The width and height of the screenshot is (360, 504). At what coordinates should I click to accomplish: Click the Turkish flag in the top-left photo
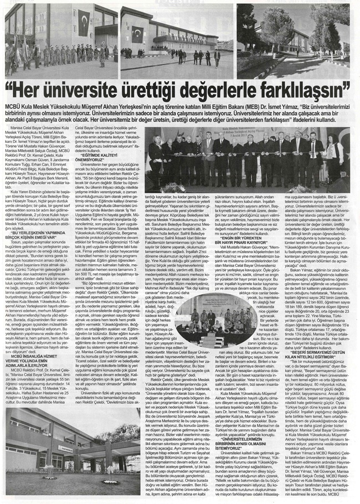point(84,25)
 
